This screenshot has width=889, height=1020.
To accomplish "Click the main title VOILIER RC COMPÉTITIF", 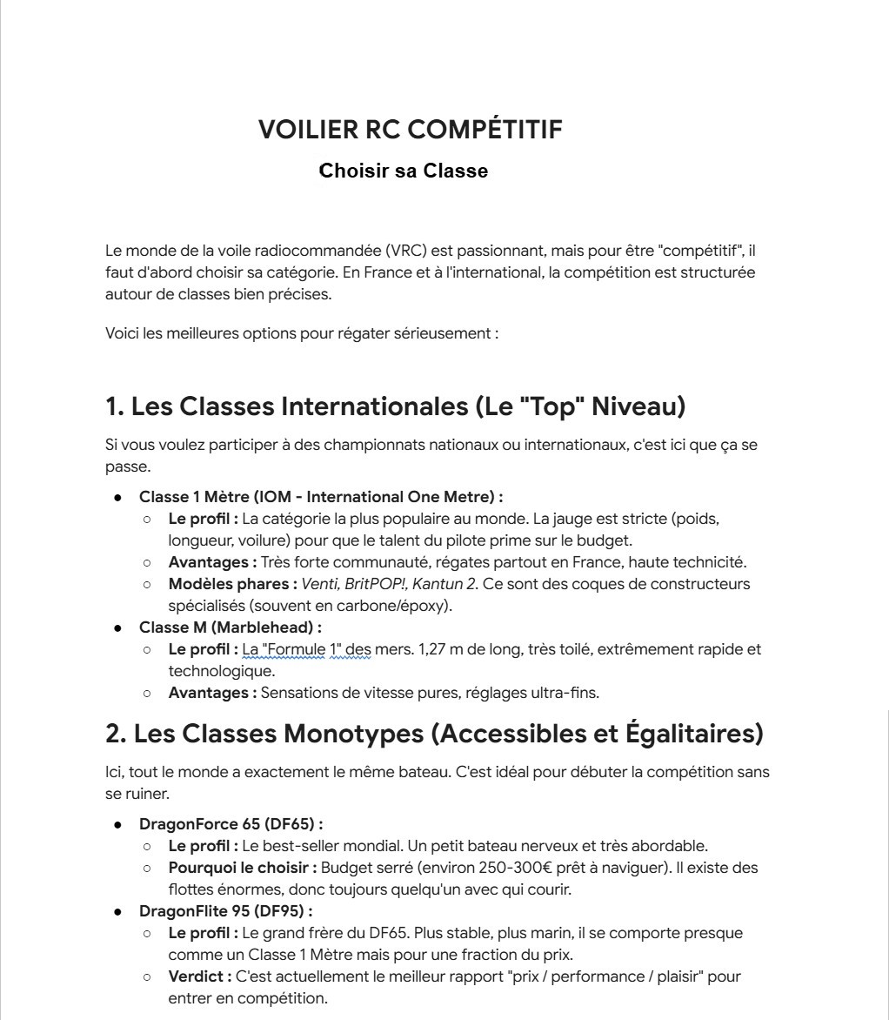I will pos(410,130).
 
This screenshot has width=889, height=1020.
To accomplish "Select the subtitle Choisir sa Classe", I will pos(403,171).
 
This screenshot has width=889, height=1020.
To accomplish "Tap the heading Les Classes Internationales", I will pos(395,406).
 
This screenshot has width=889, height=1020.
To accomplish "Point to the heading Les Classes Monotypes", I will pos(434,734).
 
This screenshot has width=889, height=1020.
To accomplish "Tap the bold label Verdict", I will pos(199,976).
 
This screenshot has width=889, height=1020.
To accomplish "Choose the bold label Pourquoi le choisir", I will pos(244,868).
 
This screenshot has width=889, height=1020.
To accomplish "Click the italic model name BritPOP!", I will pos(372,583).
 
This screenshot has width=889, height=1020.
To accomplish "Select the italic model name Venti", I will pos(320,583).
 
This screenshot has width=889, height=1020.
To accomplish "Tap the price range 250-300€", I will pos(470,868).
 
